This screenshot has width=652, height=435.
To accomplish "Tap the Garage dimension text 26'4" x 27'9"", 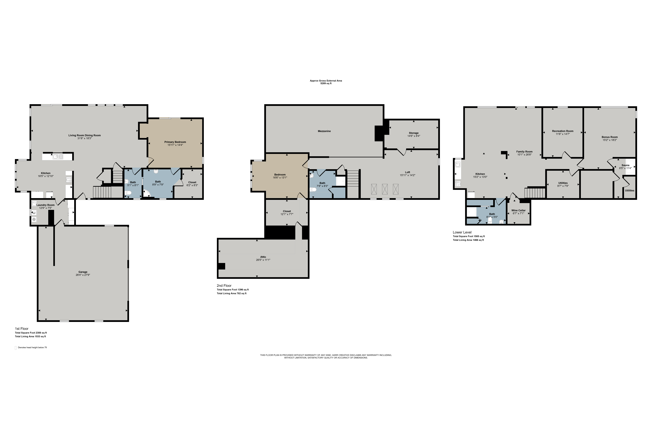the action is pyautogui.click(x=83, y=275).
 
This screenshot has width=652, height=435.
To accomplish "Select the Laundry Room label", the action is pyautogui.click(x=45, y=205).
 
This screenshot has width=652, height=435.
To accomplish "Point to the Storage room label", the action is pyautogui.click(x=414, y=133).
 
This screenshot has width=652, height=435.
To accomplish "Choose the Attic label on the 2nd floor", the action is pyautogui.click(x=263, y=257).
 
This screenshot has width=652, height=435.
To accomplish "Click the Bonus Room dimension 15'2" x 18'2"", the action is pyautogui.click(x=610, y=140).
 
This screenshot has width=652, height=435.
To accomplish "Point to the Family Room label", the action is pyautogui.click(x=524, y=152).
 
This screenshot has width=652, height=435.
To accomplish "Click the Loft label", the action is pyautogui.click(x=407, y=172).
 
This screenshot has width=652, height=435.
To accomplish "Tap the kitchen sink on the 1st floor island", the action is pyautogui.click(x=58, y=157).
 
